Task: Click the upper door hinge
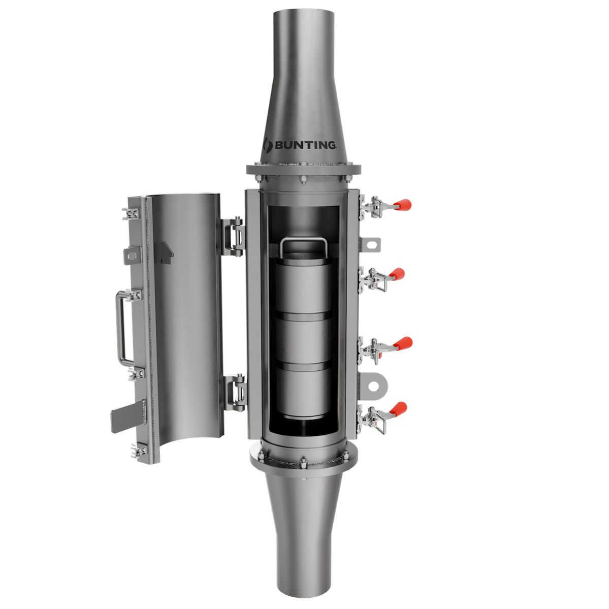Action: tap(234, 235)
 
